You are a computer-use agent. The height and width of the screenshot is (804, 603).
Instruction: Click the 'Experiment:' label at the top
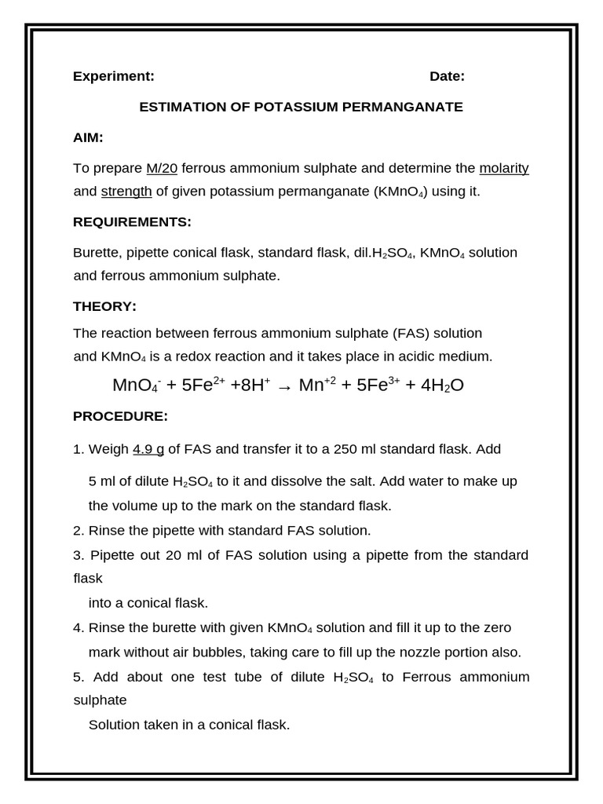click(x=113, y=76)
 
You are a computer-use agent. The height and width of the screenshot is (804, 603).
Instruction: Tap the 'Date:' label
click(x=447, y=76)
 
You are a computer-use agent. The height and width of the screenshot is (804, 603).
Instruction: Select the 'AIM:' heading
click(x=88, y=137)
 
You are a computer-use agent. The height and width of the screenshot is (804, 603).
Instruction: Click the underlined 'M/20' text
click(x=162, y=168)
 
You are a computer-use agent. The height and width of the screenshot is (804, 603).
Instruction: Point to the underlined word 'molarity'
click(x=503, y=168)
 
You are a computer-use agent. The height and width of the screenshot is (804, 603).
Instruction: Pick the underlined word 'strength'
click(x=126, y=191)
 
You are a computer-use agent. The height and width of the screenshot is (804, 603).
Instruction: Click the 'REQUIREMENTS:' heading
click(x=132, y=221)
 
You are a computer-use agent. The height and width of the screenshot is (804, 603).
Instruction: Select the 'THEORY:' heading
click(x=104, y=306)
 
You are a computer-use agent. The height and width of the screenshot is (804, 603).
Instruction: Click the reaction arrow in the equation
click(x=284, y=386)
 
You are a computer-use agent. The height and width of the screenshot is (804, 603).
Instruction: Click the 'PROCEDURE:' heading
click(x=120, y=415)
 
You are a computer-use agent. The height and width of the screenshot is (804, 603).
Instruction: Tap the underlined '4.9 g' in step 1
click(x=148, y=449)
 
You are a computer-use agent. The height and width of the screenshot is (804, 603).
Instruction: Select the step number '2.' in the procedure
click(x=79, y=530)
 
